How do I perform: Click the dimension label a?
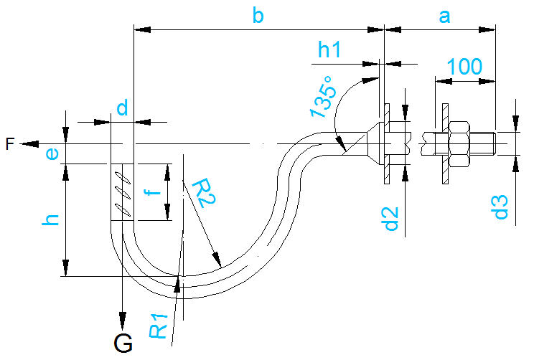coord(444,15)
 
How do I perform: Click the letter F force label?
coord(9,144)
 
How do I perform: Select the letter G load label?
coord(123,344)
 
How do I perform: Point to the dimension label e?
coord(50,153)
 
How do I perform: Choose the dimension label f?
coord(149,192)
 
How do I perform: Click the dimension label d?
coord(122,108)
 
